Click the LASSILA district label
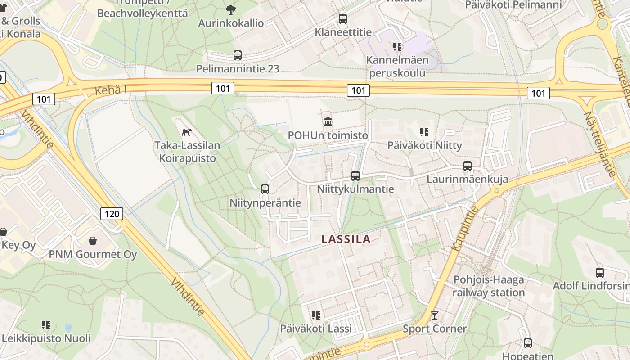click(346, 239)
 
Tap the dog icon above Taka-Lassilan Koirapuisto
click(187, 131)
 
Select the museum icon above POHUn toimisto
click(328, 121)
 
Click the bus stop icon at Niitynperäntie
click(265, 189)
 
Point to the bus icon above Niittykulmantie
click(355, 175)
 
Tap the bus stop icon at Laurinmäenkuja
click(468, 166)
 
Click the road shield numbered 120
click(111, 213)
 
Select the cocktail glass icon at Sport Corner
click(434, 315)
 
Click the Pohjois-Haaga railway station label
click(489, 286)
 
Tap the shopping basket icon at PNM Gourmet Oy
click(93, 241)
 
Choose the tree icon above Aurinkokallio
click(231, 9)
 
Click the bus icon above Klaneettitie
click(343, 19)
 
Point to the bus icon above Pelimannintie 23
click(238, 55)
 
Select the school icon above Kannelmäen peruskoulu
click(397, 46)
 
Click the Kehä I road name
click(111, 90)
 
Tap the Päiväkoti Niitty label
click(424, 145)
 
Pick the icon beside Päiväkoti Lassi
click(316, 315)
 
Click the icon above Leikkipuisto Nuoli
click(46, 324)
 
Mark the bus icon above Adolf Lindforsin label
click(600, 272)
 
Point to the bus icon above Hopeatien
click(528, 343)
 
